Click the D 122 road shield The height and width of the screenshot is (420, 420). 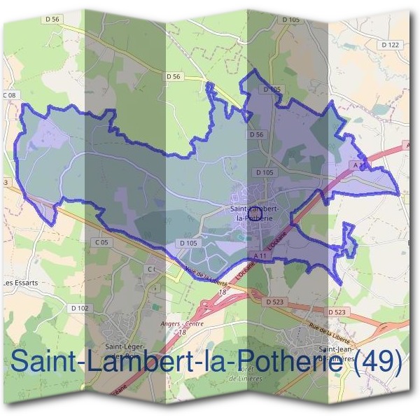(391, 45)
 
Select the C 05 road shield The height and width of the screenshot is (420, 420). (102, 242)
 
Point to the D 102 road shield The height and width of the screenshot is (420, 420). (79, 307)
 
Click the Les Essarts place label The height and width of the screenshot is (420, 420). (20, 283)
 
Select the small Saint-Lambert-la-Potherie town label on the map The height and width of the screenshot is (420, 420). (254, 213)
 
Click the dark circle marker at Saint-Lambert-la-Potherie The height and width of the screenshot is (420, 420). (255, 211)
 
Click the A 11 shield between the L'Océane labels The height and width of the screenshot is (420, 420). (261, 256)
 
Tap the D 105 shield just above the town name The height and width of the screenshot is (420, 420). (264, 172)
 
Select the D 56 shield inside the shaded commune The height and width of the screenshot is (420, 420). (256, 134)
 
